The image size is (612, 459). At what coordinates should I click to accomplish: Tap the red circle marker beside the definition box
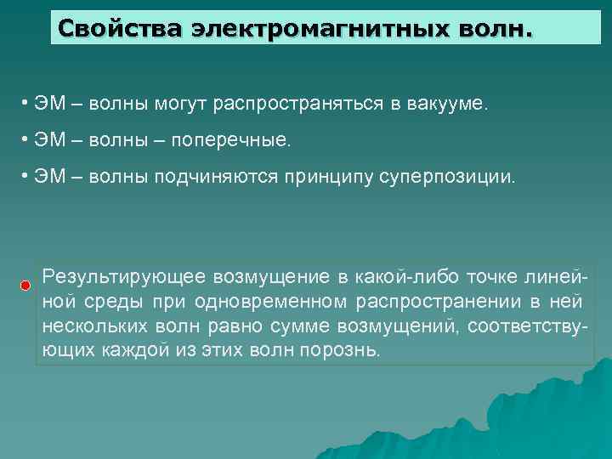coord(26,284)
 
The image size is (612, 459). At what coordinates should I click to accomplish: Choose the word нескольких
coord(87,326)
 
